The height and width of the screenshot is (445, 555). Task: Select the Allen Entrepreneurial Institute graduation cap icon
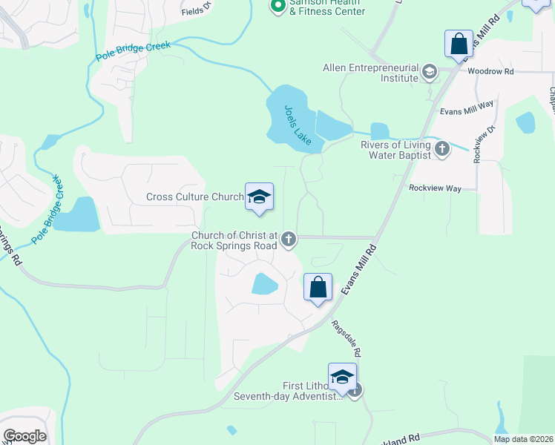click(x=429, y=72)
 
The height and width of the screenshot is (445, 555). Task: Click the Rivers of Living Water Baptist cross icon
click(x=442, y=149)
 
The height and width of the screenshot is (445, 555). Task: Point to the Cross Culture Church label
click(x=194, y=197)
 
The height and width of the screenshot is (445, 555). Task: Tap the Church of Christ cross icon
click(x=289, y=240)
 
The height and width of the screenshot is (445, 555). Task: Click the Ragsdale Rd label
click(x=345, y=334)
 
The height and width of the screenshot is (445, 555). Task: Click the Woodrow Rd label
click(x=490, y=71)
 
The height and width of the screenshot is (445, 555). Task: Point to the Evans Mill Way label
click(x=466, y=108)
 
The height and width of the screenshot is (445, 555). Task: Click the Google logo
click(x=24, y=436)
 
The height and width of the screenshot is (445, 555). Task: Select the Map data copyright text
click(x=522, y=439)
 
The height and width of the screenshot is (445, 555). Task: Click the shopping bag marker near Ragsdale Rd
click(x=318, y=288)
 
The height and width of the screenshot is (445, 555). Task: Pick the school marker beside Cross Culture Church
click(x=259, y=197)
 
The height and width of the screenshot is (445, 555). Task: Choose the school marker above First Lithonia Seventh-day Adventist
click(x=343, y=377)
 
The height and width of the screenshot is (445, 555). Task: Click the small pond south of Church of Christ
click(x=265, y=283)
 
